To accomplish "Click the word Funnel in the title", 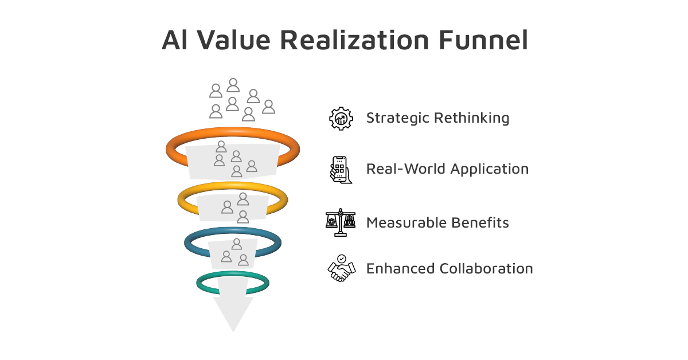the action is [x=483, y=40].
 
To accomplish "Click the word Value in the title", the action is [x=233, y=40].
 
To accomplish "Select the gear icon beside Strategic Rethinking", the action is [x=341, y=119].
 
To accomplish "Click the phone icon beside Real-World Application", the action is [x=341, y=170].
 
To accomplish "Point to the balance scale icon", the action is [x=341, y=222].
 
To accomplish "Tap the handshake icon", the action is [x=342, y=268].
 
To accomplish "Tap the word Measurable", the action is [x=406, y=222].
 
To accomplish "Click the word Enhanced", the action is [x=401, y=268].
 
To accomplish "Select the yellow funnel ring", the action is [x=233, y=199].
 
